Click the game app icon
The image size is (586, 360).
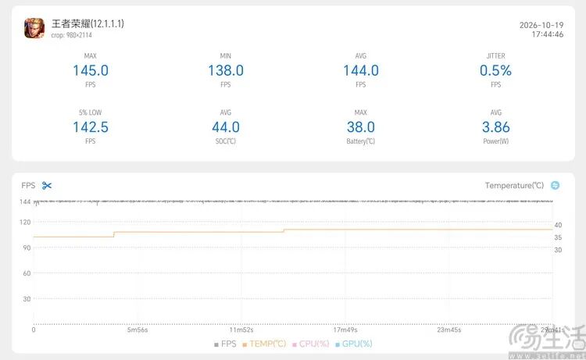pyautogui.click(x=34, y=28)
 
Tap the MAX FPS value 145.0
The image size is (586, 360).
pyautogui.click(x=91, y=70)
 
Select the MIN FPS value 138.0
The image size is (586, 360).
pyautogui.click(x=226, y=70)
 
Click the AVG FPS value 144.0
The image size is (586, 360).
pyautogui.click(x=361, y=70)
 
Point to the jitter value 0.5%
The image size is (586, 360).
pyautogui.click(x=495, y=70)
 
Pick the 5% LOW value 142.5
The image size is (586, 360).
pyautogui.click(x=91, y=127)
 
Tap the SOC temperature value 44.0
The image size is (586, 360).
pyautogui.click(x=226, y=127)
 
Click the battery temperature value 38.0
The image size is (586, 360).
pyautogui.click(x=361, y=127)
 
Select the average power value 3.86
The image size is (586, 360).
pyautogui.click(x=495, y=127)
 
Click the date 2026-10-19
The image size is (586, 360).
pyautogui.click(x=541, y=25)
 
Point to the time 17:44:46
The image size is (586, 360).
pyautogui.click(x=548, y=34)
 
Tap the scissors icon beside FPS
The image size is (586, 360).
pyautogui.click(x=47, y=186)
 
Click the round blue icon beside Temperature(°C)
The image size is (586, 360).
pyautogui.click(x=556, y=185)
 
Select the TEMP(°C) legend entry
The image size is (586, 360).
pyautogui.click(x=264, y=344)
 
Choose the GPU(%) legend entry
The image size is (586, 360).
pyautogui.click(x=354, y=344)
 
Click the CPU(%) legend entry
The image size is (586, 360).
pyautogui.click(x=311, y=344)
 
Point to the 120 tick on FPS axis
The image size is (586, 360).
pyautogui.click(x=25, y=223)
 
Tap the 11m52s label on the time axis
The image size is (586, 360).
pyautogui.click(x=241, y=330)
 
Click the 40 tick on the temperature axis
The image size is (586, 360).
pyautogui.click(x=558, y=225)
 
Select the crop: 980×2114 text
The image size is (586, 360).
pyautogui.click(x=71, y=35)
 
